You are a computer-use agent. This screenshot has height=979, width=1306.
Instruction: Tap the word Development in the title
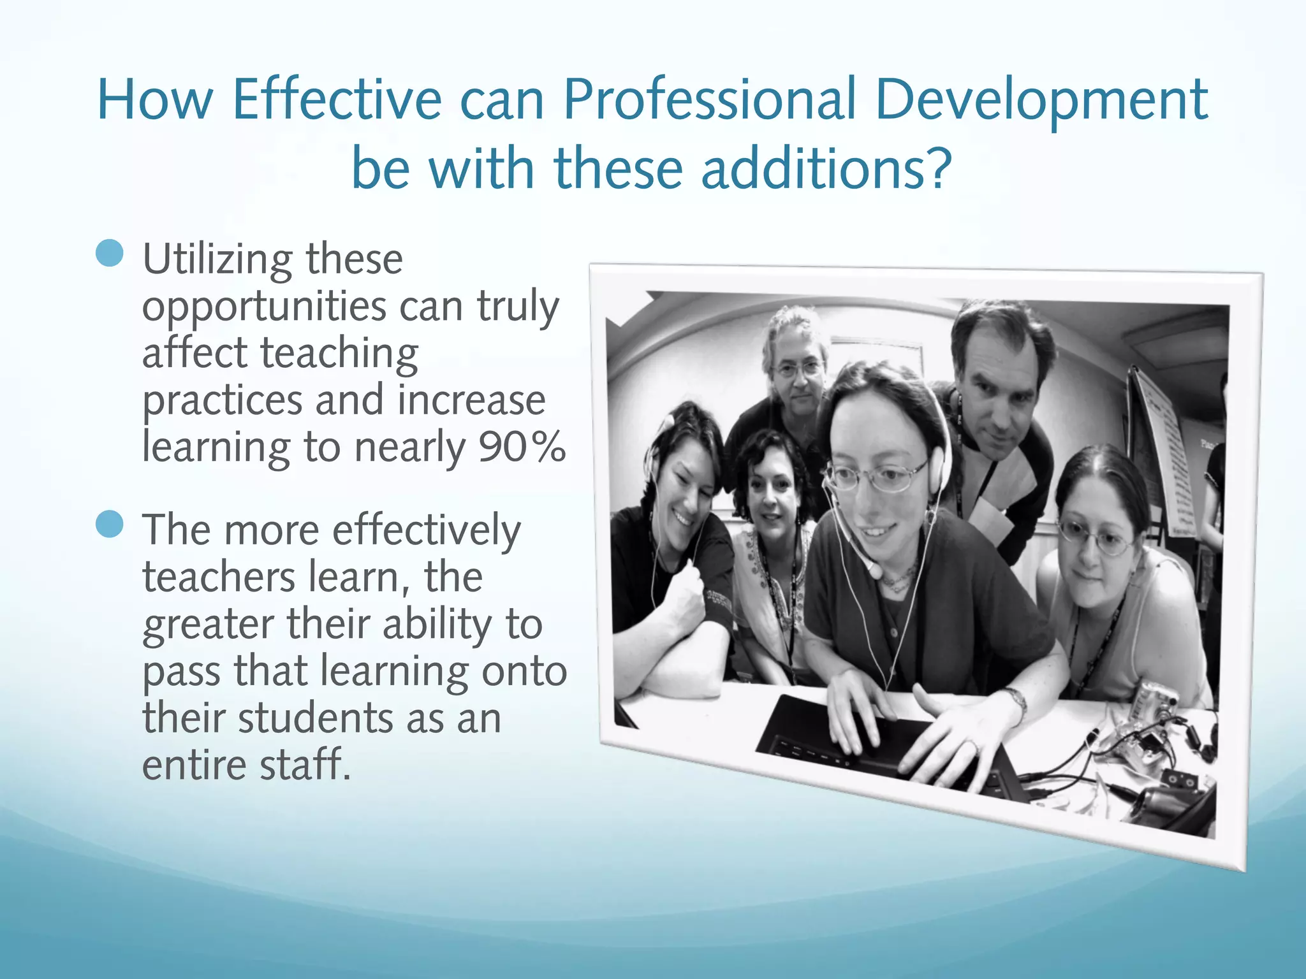click(x=1041, y=100)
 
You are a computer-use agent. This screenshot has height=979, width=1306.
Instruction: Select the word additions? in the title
click(x=826, y=169)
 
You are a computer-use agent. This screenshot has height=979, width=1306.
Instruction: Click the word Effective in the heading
click(x=337, y=100)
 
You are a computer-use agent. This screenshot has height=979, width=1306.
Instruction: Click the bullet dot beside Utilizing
click(x=109, y=253)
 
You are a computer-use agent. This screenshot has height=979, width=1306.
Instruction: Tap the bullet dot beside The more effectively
click(x=109, y=524)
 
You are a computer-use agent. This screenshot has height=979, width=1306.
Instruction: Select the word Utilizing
click(x=217, y=259)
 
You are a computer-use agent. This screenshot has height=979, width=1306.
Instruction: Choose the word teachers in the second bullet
click(x=218, y=577)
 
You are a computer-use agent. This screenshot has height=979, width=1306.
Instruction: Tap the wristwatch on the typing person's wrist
click(x=1016, y=701)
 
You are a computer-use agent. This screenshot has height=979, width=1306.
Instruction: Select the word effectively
click(x=426, y=531)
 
